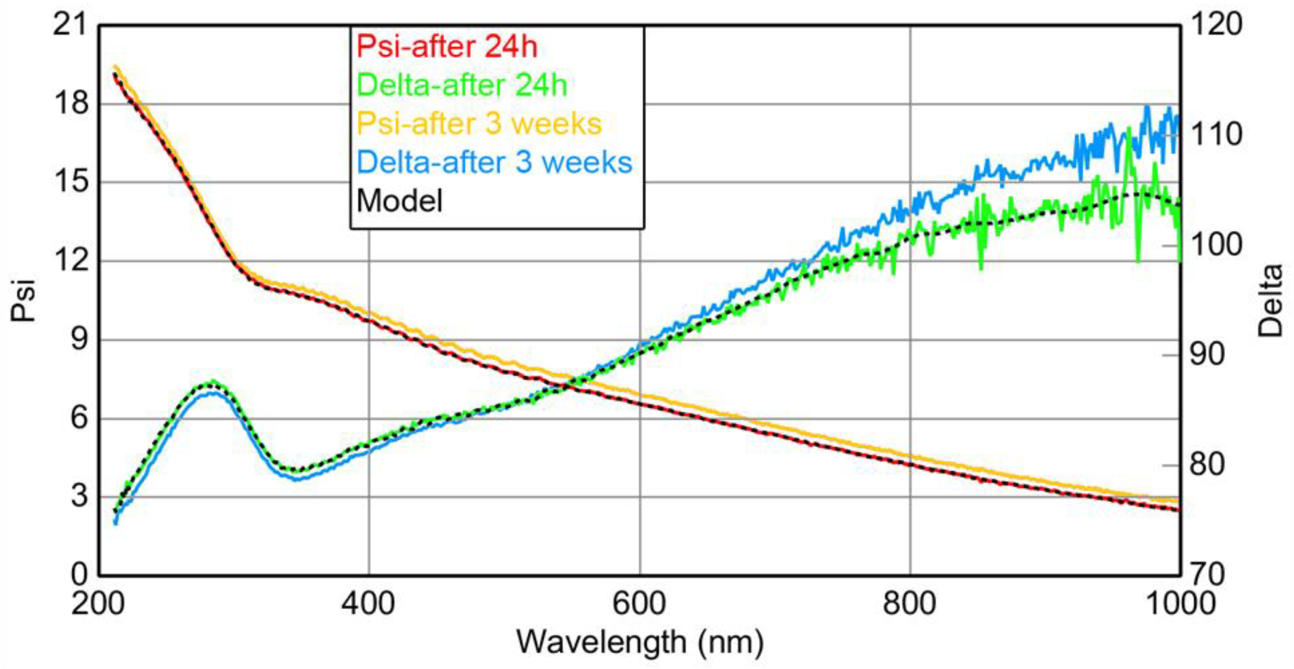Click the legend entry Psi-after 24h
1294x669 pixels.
446,47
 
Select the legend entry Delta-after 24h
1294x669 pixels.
461,85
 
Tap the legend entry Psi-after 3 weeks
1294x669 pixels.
479,124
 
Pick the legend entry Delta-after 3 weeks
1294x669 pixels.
494,162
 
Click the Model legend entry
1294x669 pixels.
399,201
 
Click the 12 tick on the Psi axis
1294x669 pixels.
70,260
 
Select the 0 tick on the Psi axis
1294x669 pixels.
79,574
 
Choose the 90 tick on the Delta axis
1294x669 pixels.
1206,354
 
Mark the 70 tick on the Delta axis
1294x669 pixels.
1206,574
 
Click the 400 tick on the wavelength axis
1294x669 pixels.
368,603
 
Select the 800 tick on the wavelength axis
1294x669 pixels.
910,603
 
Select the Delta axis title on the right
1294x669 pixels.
1271,300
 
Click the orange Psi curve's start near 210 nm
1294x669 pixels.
115,66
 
